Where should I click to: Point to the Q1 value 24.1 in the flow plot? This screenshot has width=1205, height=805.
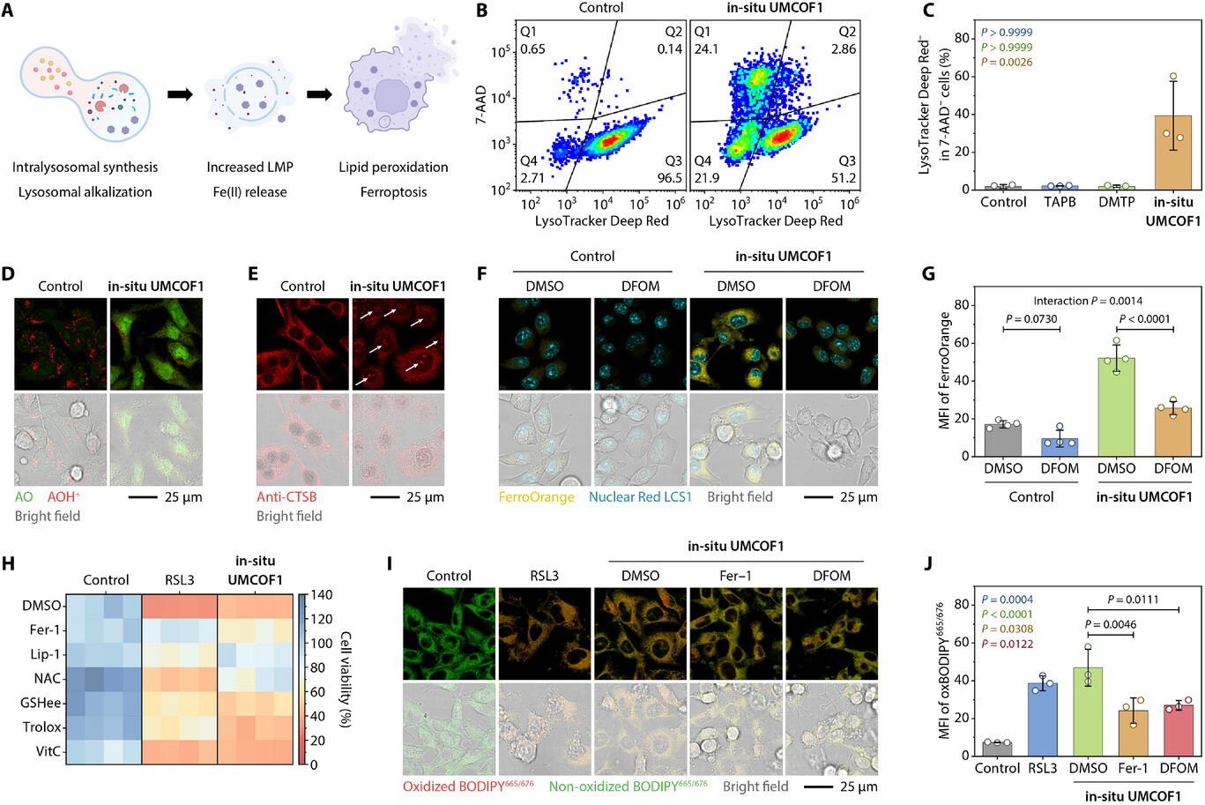(706, 49)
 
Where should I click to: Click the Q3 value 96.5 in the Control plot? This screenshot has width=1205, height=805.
(669, 178)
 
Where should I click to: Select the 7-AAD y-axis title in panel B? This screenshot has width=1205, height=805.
(482, 102)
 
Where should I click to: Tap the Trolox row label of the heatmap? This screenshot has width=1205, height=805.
(42, 727)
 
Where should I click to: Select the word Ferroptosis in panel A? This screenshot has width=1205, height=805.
(393, 191)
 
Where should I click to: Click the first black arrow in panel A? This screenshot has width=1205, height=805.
(179, 94)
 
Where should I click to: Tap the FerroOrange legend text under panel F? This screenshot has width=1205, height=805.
(536, 496)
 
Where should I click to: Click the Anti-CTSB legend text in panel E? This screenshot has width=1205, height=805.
(286, 496)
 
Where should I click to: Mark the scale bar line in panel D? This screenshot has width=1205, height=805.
(142, 496)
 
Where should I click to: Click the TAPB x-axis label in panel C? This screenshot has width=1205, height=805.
(1059, 202)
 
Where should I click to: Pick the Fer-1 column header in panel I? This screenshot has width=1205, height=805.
(735, 576)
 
